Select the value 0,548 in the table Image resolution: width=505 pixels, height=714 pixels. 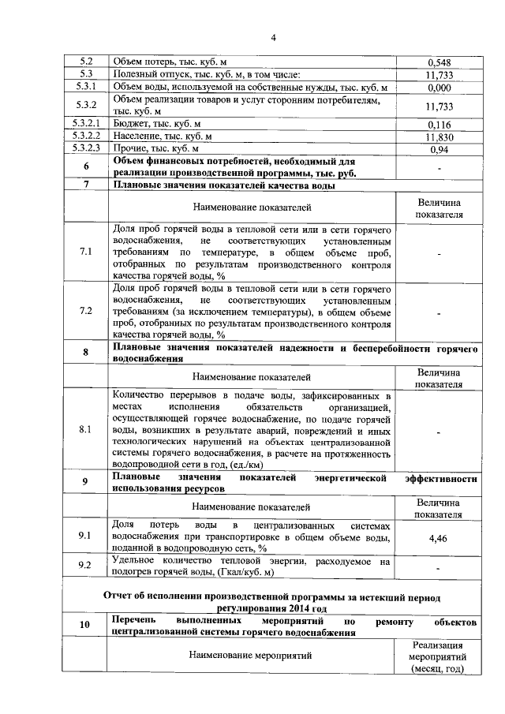tap(438, 62)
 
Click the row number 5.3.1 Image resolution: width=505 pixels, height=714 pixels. tap(86, 87)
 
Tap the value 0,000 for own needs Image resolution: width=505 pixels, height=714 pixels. tap(438, 88)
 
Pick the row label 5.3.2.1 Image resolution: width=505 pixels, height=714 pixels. tap(86, 124)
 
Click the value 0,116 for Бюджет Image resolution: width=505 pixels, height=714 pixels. tap(438, 125)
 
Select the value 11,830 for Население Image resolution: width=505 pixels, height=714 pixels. tap(438, 136)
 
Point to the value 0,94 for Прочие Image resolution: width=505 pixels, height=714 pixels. tap(438, 148)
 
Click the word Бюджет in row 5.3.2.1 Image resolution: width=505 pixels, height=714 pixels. tap(130, 124)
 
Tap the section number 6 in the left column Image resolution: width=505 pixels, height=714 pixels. tap(86, 166)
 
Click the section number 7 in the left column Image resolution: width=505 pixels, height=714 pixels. tap(86, 185)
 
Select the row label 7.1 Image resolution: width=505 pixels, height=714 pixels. tap(86, 252)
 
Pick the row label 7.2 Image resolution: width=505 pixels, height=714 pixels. tap(86, 311)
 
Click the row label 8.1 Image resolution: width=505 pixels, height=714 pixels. tap(86, 430)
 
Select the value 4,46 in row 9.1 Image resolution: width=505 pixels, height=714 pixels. tap(438, 536)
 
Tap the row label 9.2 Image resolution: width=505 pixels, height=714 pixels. tap(86, 565)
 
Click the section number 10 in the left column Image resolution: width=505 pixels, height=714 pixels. tap(86, 626)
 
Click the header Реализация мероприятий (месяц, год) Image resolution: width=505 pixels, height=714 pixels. tap(438, 656)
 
